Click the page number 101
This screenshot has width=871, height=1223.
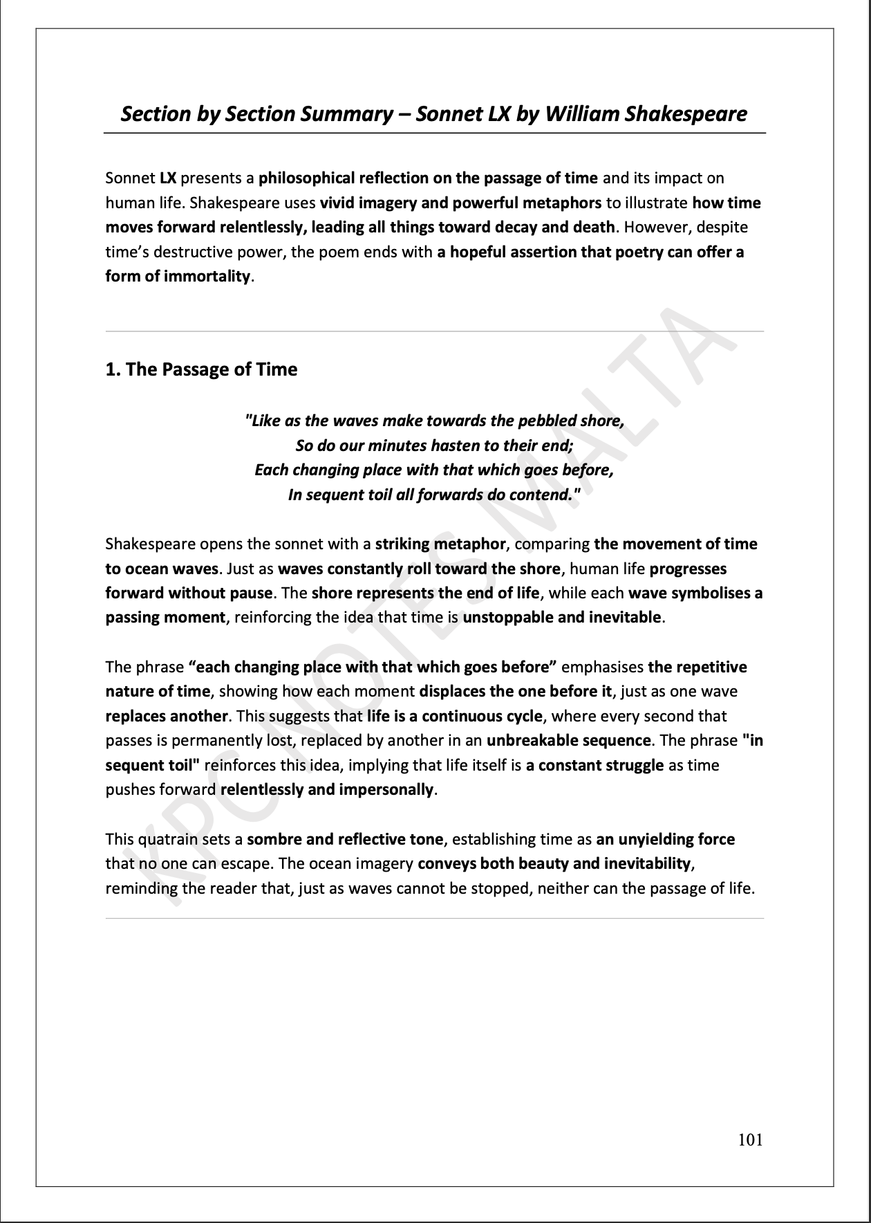point(750,1139)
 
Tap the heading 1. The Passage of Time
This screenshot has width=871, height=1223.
point(201,369)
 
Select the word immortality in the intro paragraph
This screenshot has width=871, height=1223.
point(207,277)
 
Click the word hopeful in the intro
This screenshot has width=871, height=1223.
point(477,252)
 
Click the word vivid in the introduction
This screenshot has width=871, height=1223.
point(339,203)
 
